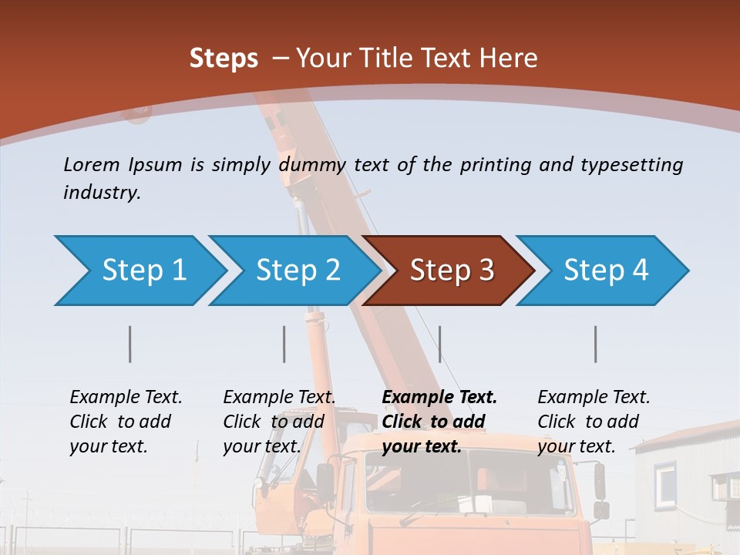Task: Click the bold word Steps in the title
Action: point(224,59)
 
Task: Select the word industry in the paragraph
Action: point(101,193)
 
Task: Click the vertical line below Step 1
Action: point(130,344)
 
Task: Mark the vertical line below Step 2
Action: point(284,344)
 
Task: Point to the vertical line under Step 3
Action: point(439,344)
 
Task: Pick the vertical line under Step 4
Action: point(596,344)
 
